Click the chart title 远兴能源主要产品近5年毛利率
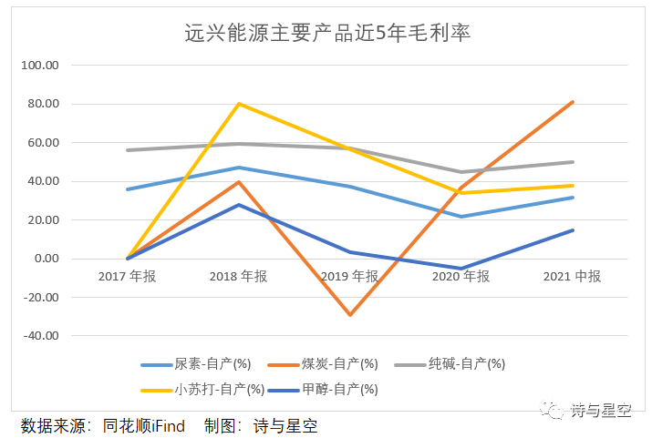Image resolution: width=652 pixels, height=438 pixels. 327,33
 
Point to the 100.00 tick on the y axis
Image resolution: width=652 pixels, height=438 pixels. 40,66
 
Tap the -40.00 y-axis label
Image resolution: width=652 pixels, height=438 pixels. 41,335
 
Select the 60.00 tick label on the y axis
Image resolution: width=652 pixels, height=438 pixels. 43,142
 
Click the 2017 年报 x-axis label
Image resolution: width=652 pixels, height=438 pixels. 127,276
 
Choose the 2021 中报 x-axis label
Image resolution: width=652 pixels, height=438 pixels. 572,276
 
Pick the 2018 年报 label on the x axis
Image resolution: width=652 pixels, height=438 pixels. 238,276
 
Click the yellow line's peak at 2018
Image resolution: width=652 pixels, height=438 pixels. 239,104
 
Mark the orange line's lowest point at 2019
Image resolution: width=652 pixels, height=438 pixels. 350,315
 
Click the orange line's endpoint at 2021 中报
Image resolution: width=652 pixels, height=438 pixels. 573,102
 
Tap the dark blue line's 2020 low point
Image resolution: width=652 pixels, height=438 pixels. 461,269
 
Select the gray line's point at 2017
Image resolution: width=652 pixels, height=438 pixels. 128,150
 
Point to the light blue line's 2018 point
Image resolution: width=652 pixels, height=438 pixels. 239,168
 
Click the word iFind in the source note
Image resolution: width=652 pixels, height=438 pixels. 168,426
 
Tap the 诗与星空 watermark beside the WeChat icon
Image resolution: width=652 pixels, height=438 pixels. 601,411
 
